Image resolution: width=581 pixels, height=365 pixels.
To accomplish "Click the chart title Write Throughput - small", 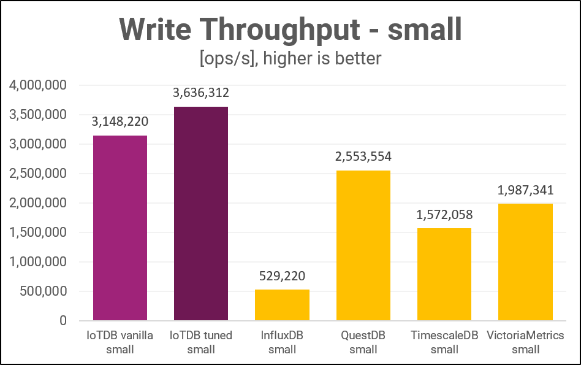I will (290, 29).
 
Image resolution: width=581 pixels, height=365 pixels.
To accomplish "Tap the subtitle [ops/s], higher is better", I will (290, 58).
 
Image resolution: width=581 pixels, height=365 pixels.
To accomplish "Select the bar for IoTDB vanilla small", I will (120, 228).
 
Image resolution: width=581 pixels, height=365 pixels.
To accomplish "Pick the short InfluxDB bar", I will (282, 305).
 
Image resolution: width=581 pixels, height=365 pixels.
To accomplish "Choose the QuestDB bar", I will (363, 245).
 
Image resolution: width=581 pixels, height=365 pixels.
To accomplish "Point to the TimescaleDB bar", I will (444, 274).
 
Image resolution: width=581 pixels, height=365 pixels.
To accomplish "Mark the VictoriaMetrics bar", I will (525, 262).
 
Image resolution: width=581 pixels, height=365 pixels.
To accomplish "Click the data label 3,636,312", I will (201, 93).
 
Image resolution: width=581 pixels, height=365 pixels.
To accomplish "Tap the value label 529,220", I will (282, 276).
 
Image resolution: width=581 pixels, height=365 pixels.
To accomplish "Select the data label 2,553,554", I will (363, 157).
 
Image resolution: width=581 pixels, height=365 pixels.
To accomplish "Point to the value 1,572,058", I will (444, 215).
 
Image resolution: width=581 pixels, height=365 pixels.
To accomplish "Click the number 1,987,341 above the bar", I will (525, 190).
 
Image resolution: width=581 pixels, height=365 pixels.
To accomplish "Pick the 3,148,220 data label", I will (120, 122).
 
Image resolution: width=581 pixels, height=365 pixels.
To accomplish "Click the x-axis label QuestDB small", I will (363, 342).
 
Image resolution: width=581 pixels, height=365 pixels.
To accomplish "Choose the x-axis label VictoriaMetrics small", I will (525, 342).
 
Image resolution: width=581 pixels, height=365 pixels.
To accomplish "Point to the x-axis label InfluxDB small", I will (282, 342).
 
